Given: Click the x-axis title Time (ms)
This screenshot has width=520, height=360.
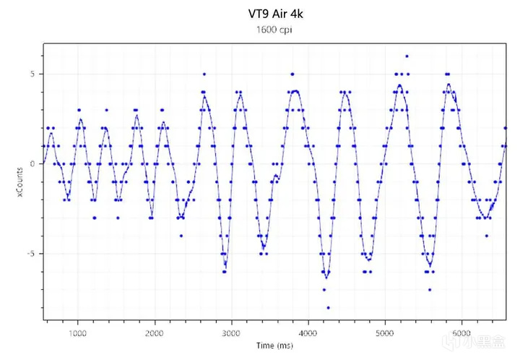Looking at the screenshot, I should [275, 346].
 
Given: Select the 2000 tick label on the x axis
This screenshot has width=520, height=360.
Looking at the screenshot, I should [155, 333].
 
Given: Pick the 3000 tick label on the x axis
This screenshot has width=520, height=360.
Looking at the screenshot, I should [231, 333].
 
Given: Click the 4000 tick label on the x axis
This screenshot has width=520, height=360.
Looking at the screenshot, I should [308, 333].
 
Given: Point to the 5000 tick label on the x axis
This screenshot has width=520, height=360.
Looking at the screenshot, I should [385, 333].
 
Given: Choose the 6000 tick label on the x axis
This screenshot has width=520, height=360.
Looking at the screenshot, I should [462, 333].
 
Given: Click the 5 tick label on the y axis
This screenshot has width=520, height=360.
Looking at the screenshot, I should [32, 74].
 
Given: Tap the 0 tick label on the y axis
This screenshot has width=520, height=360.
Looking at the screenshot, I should [32, 163].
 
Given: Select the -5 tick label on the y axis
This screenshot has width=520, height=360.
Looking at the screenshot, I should [31, 254].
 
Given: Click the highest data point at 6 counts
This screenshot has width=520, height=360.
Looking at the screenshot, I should [407, 56].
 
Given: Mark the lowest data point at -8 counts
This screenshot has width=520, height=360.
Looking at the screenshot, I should [328, 308].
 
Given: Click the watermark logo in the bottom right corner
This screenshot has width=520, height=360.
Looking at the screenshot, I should [491, 343].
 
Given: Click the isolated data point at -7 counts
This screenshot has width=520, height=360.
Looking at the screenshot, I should [429, 290].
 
